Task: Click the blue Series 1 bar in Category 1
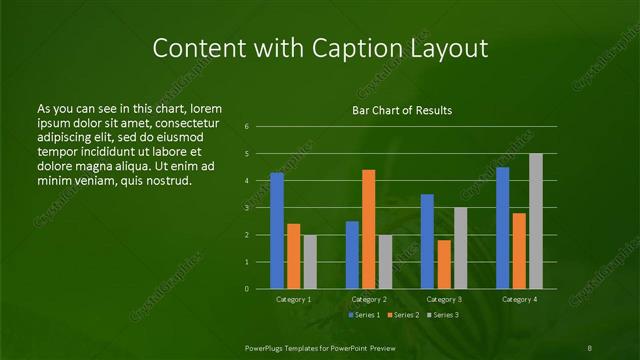277,231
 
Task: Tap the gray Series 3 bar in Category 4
536,221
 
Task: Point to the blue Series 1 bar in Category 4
502,228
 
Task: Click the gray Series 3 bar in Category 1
310,262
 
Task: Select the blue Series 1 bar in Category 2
352,255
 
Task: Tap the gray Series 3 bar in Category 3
460,248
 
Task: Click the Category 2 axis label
369,299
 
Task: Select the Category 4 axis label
519,299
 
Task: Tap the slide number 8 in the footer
591,346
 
